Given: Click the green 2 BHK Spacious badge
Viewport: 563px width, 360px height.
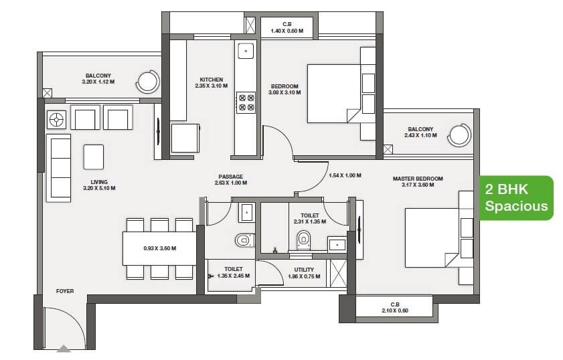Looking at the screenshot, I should point(515,198).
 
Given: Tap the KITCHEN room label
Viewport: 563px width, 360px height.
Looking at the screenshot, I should point(211,82).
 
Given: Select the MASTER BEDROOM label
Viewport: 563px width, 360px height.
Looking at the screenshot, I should point(418,181).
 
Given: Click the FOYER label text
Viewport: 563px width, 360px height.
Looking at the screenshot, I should point(65,291).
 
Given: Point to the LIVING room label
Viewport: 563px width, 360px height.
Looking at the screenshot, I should point(98,185).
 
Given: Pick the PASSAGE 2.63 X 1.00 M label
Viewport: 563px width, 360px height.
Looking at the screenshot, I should point(231,179).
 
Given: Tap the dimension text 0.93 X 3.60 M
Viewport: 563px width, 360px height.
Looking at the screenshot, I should point(159,248).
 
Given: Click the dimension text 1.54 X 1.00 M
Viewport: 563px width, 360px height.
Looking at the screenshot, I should point(345,175).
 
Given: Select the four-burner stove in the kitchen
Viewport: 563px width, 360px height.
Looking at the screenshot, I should point(246,102).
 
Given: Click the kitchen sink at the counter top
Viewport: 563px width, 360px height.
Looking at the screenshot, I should point(246,51).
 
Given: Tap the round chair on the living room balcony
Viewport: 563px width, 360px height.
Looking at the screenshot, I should point(147,82).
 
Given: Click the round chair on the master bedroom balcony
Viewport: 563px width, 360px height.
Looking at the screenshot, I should point(460,135).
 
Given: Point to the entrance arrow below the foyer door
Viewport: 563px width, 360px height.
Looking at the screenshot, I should point(64,348).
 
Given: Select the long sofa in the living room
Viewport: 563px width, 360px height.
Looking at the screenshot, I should point(58,167).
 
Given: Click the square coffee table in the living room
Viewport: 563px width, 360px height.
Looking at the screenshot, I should point(93,157).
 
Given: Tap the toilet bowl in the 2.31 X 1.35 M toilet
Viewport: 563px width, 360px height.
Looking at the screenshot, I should point(304,239).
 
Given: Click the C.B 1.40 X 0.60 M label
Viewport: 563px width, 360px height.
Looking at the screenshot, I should point(287,27).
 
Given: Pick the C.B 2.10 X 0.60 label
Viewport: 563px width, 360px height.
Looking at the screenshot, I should point(394,307).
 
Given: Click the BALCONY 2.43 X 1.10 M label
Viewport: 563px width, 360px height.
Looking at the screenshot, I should point(420,132).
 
